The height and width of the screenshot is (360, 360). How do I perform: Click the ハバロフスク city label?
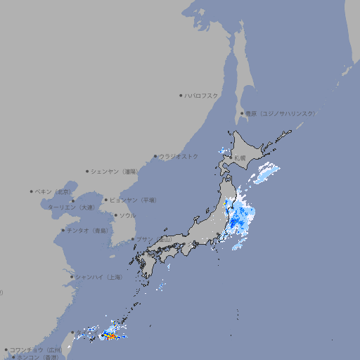(202, 95)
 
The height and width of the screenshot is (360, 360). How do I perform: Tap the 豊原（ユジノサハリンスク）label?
(281, 113)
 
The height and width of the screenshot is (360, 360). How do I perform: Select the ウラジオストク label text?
(179, 156)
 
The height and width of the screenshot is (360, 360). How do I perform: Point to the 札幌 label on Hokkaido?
(240, 158)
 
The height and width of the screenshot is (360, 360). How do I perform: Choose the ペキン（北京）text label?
(53, 191)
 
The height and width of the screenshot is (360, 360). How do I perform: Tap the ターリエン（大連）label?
(71, 207)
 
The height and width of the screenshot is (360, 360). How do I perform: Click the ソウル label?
(127, 215)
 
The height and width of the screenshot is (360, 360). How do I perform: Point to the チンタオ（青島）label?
(88, 230)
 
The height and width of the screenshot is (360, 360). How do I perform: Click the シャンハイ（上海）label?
(98, 277)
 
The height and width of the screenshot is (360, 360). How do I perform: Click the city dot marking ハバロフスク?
(181, 95)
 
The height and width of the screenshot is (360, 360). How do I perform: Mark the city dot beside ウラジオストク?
(155, 156)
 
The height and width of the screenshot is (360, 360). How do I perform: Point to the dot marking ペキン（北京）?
(31, 191)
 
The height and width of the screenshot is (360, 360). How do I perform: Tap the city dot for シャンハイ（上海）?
(72, 277)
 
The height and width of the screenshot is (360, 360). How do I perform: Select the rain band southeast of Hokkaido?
(266, 173)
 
